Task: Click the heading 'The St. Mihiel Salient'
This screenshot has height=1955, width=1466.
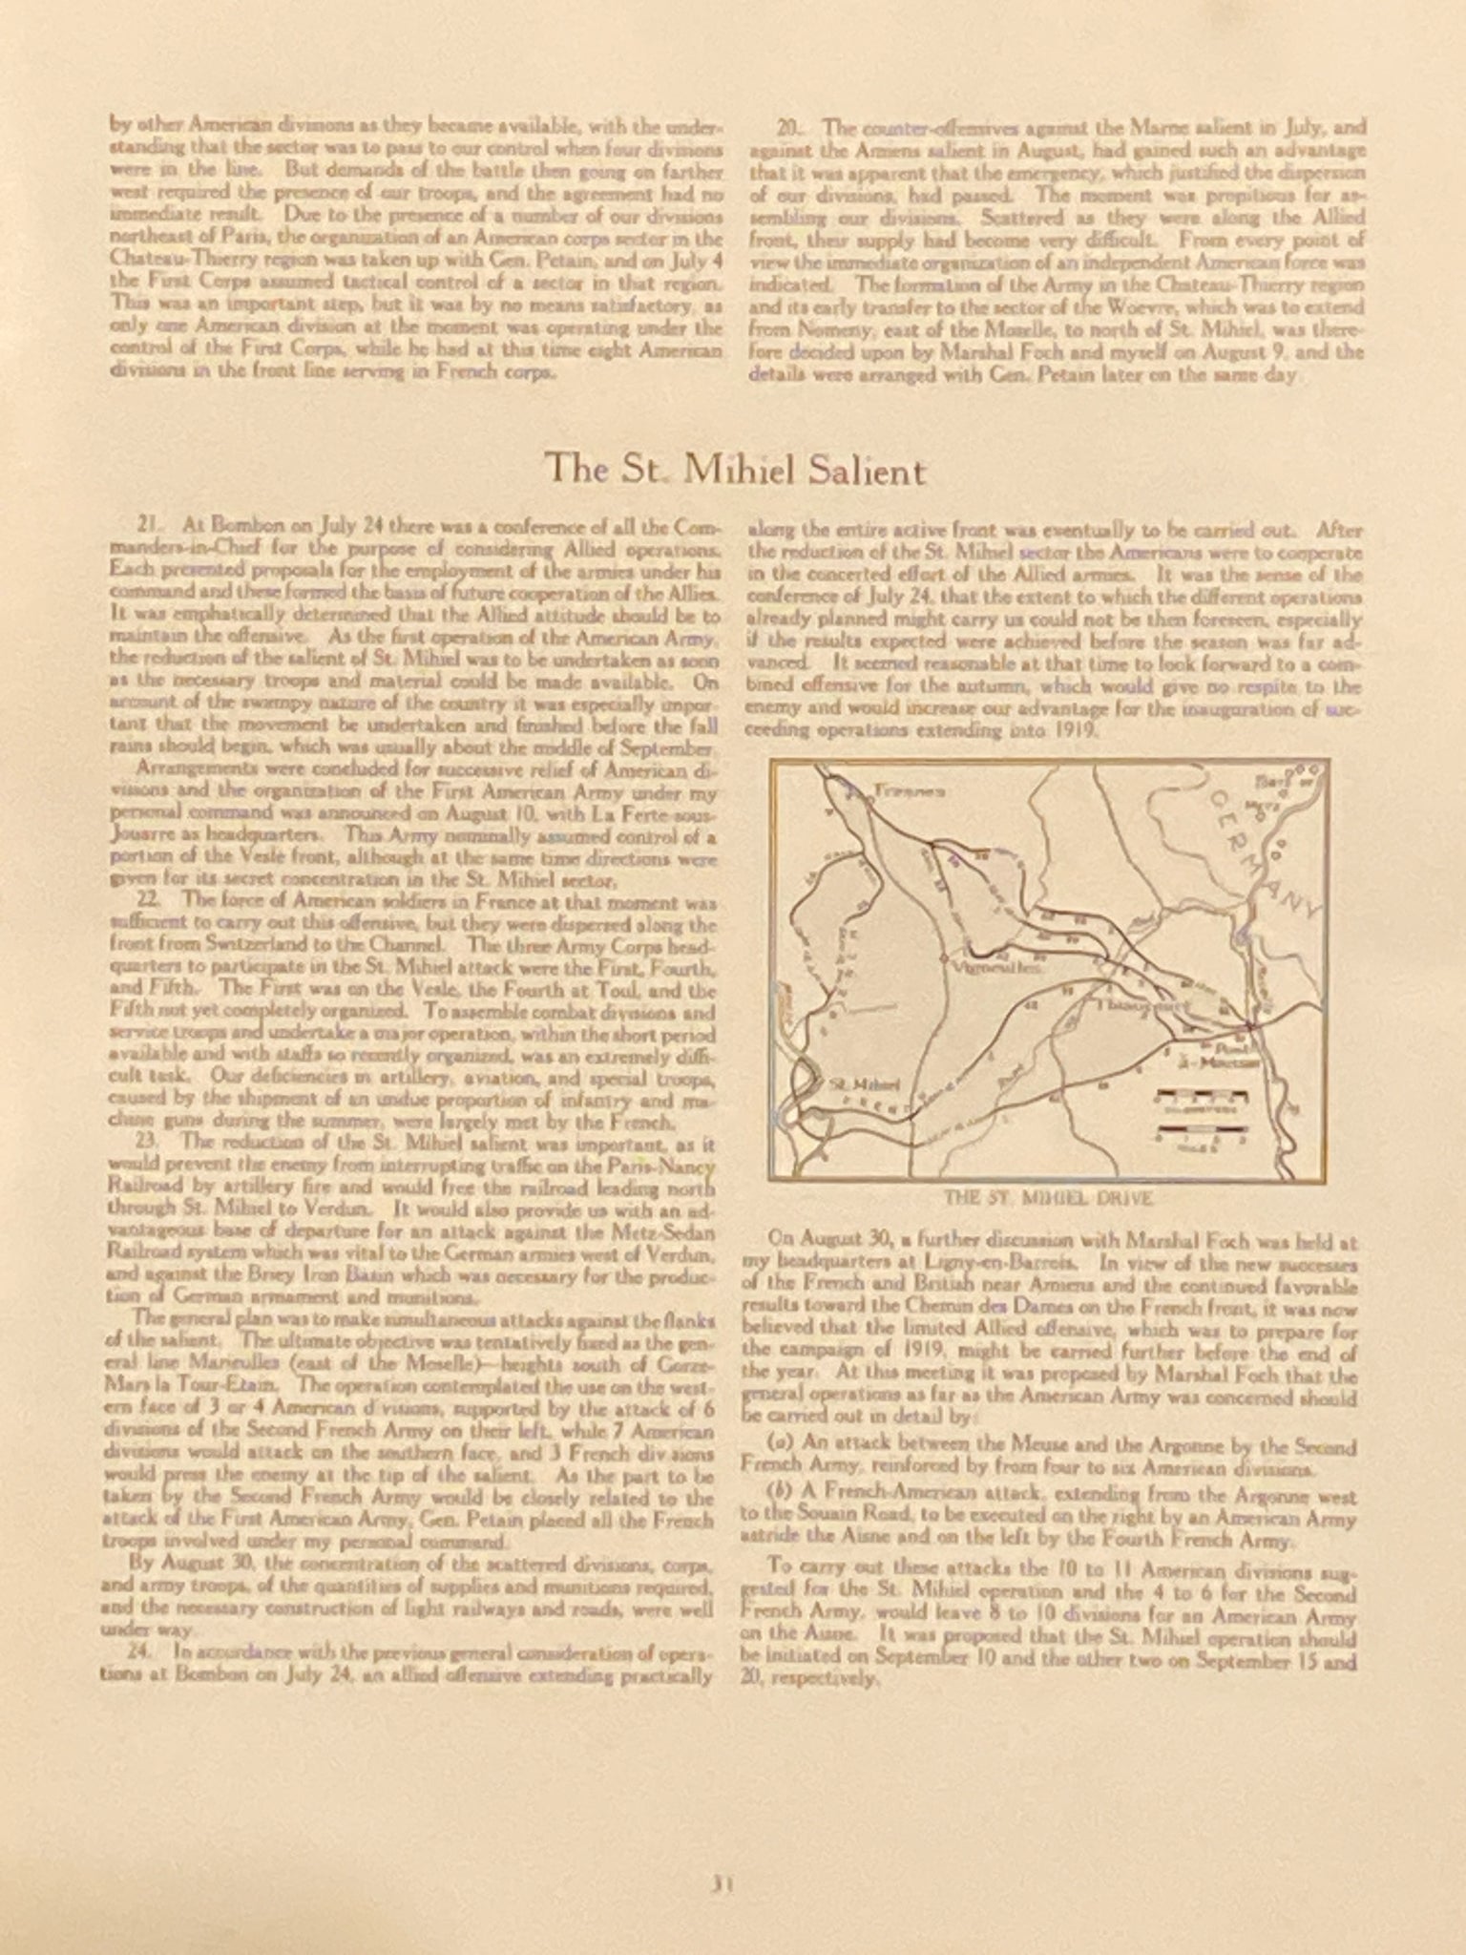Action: click(x=734, y=471)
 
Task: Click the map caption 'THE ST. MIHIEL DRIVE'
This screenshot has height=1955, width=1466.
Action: click(x=1048, y=1198)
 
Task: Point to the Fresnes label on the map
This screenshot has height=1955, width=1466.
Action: click(x=907, y=791)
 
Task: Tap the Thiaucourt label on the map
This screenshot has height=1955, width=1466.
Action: click(x=1142, y=1006)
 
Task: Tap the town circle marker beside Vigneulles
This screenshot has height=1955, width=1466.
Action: click(x=943, y=956)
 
